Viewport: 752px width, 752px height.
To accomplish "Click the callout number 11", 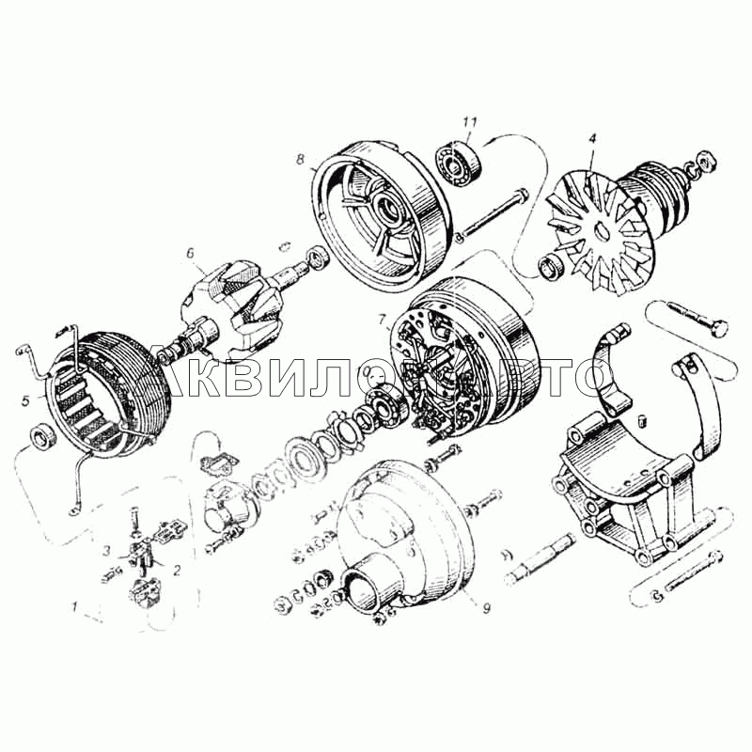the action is click(x=469, y=123).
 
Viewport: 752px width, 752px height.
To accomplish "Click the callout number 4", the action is click(x=593, y=138).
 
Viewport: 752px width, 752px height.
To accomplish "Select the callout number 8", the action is click(x=300, y=159).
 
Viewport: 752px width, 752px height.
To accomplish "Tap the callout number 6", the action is click(x=191, y=253).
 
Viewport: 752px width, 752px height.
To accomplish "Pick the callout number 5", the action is click(x=26, y=400).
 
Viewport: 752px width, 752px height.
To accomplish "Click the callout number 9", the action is click(x=486, y=608).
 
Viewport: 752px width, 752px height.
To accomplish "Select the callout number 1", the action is click(x=74, y=607).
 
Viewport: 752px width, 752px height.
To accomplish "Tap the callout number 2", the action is click(x=177, y=570).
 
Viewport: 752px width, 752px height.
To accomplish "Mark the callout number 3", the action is click(x=108, y=550).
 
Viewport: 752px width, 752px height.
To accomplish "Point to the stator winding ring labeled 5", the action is click(x=108, y=391).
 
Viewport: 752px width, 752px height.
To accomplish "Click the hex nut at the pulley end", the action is click(x=706, y=161).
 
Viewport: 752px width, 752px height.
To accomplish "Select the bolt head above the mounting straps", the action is click(x=720, y=328).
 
